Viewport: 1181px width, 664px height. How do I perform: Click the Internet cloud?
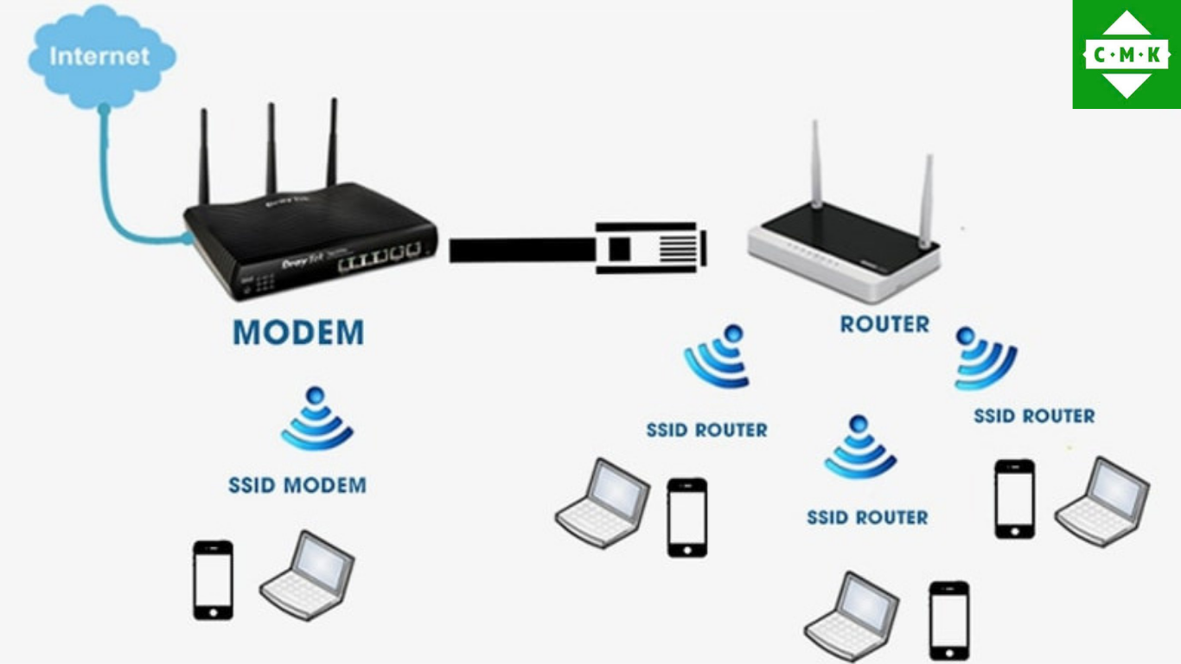pyautogui.click(x=101, y=57)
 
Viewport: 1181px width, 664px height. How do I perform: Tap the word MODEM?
pyautogui.click(x=298, y=333)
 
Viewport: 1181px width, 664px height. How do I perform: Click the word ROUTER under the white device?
pyautogui.click(x=884, y=325)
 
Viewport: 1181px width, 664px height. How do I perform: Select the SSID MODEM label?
pyautogui.click(x=297, y=485)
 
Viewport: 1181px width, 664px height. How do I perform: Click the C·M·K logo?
pyautogui.click(x=1127, y=54)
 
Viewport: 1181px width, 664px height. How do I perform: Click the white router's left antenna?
pyautogui.click(x=815, y=164)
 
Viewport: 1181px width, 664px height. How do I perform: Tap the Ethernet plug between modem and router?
pyautogui.click(x=648, y=248)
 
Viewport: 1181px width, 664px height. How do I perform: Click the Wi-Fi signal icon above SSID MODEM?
pyautogui.click(x=316, y=420)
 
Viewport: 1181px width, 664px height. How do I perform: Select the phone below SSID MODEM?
pyautogui.click(x=213, y=579)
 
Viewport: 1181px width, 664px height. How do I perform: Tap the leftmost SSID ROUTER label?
pyautogui.click(x=706, y=430)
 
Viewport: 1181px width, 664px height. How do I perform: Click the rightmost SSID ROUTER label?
pyautogui.click(x=1034, y=416)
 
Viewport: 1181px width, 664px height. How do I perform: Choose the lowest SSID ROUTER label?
pyautogui.click(x=867, y=517)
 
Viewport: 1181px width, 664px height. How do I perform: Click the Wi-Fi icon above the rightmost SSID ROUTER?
pyautogui.click(x=984, y=358)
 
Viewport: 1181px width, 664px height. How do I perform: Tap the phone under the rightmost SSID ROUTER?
pyautogui.click(x=1014, y=499)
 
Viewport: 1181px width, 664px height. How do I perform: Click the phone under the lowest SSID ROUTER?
pyautogui.click(x=948, y=620)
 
